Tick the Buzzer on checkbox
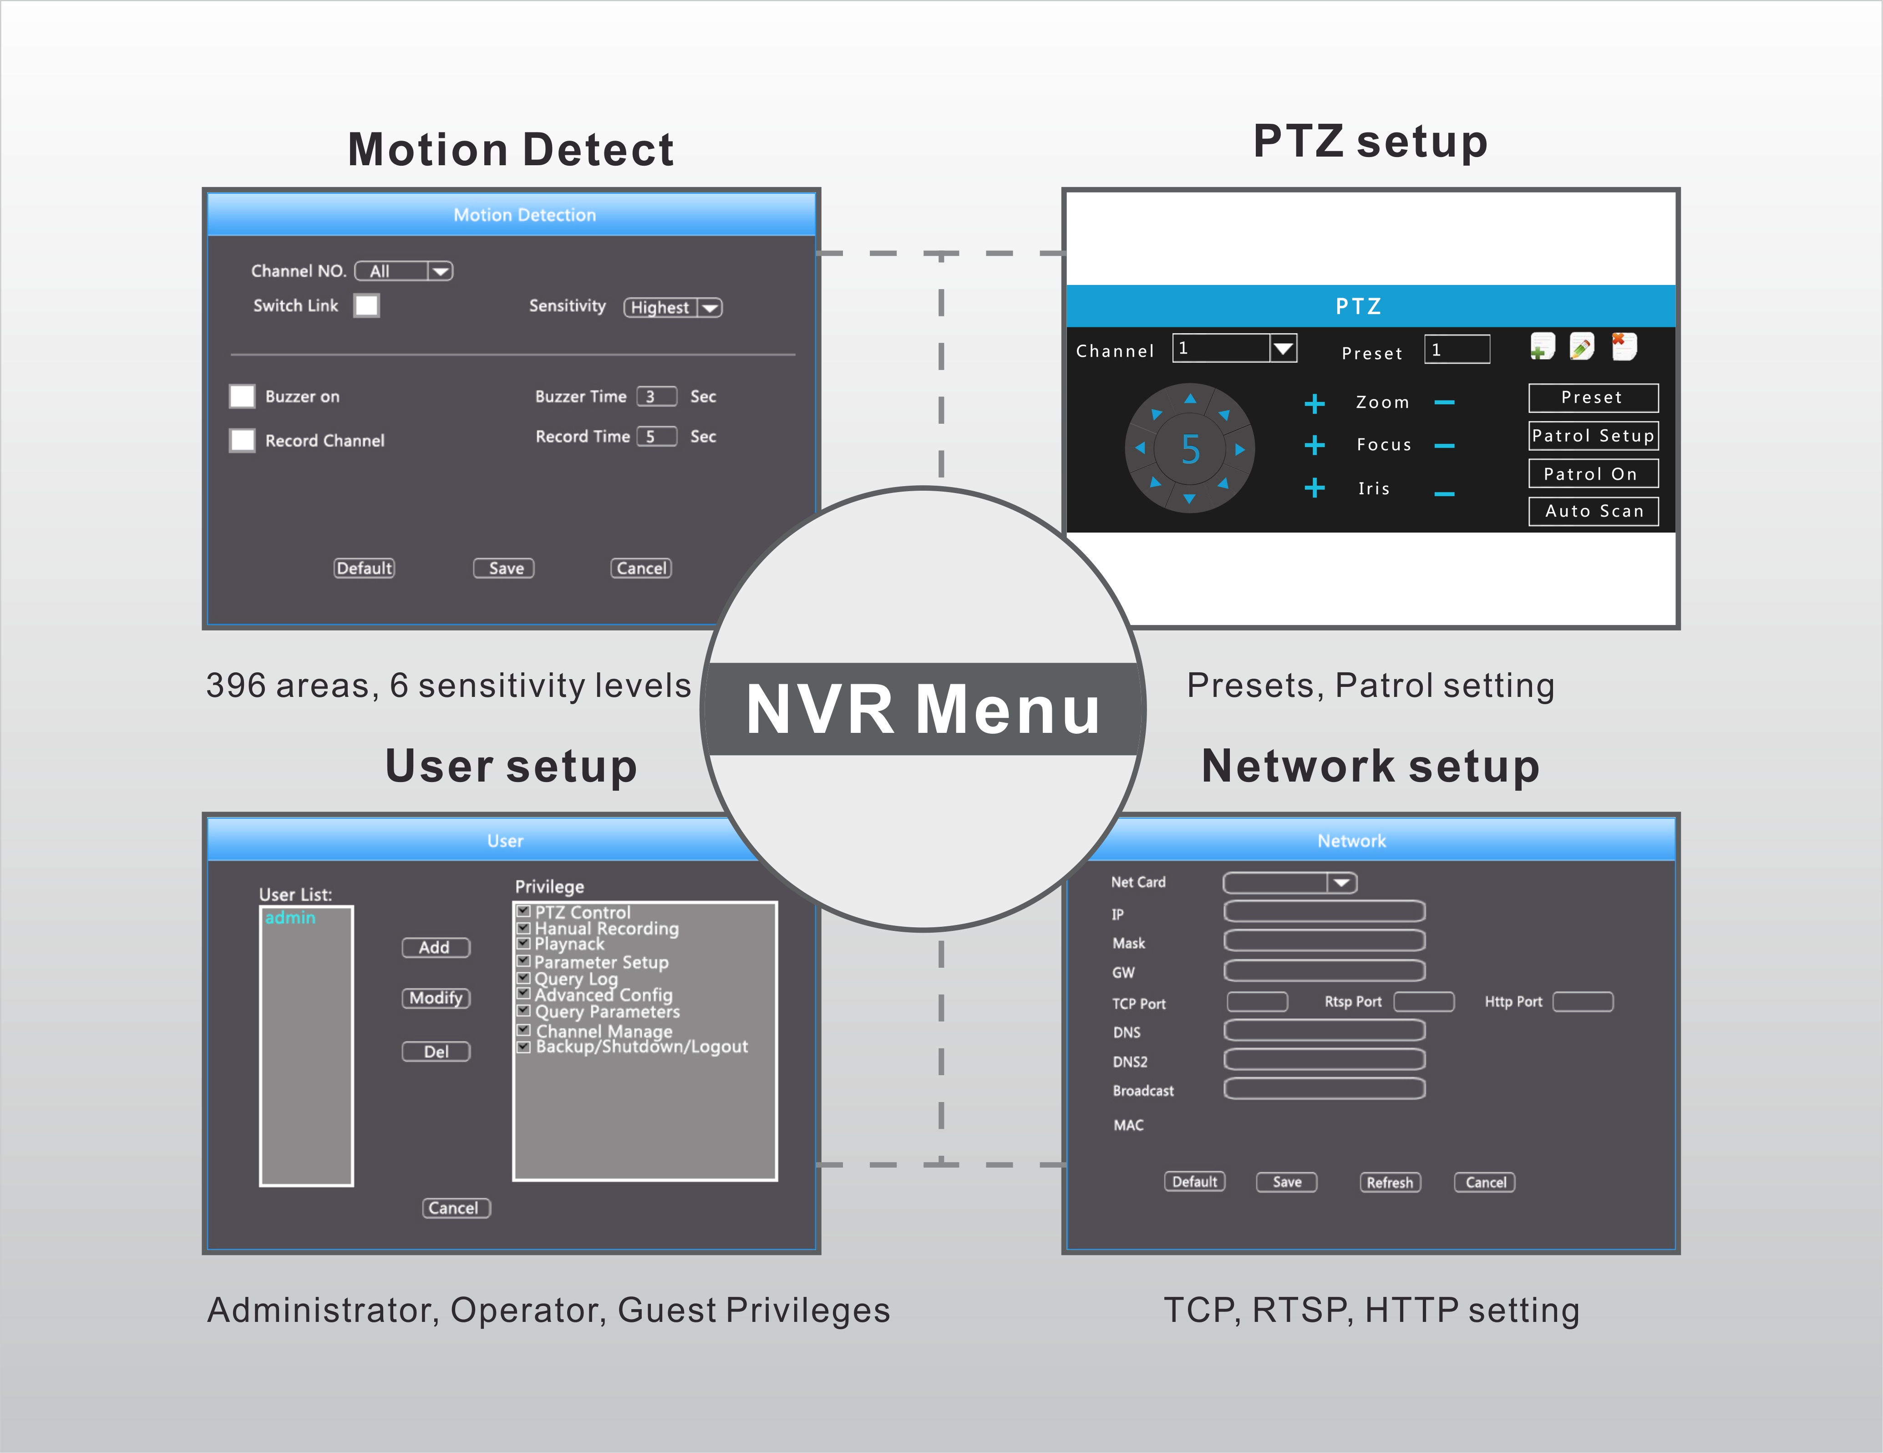coord(242,396)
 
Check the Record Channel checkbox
coord(242,441)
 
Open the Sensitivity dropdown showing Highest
coord(673,308)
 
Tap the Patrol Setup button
coord(1593,436)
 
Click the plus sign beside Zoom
coord(1314,404)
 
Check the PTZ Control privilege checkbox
coord(523,911)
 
